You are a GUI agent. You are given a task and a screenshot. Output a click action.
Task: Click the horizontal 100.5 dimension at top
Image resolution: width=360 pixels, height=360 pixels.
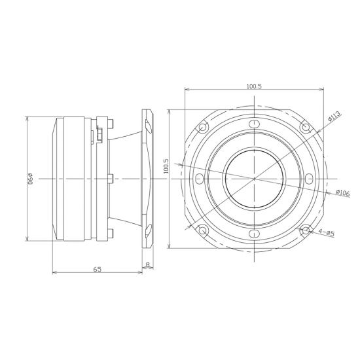click(254, 86)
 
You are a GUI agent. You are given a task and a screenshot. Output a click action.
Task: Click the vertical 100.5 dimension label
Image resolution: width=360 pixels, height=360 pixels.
click(166, 166)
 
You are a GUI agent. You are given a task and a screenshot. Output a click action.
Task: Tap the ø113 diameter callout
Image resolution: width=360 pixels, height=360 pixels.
click(334, 116)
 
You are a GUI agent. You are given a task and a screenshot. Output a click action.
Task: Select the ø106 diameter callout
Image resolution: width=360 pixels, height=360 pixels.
click(342, 192)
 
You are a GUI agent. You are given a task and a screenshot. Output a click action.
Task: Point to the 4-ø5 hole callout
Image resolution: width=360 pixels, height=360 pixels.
click(327, 233)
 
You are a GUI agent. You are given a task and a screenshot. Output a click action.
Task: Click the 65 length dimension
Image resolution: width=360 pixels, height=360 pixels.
click(98, 269)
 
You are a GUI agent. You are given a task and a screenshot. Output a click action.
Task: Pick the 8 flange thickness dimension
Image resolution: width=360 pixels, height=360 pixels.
click(148, 264)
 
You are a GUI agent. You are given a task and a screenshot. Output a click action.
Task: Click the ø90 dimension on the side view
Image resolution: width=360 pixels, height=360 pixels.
click(30, 179)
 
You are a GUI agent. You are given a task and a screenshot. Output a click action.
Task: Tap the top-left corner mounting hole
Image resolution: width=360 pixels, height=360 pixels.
click(202, 127)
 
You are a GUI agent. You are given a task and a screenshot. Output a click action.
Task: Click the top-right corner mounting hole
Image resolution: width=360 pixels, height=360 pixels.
click(306, 127)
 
